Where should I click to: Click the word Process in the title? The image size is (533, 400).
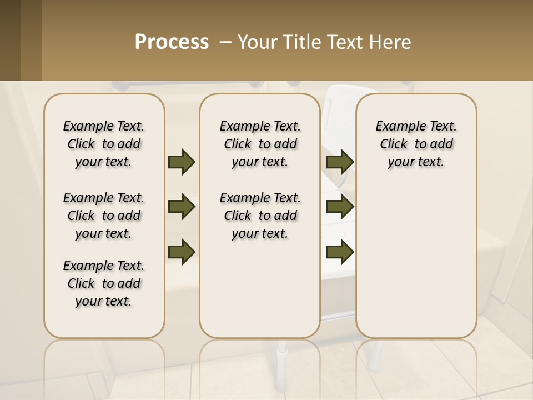coord(172,42)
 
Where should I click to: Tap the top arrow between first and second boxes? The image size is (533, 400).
coord(182,162)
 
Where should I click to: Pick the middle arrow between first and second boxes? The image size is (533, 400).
coord(182,207)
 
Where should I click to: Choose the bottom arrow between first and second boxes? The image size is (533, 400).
coord(182,251)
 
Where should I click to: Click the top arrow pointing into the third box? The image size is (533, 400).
coord(340,162)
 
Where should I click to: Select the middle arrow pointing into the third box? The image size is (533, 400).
coord(340,207)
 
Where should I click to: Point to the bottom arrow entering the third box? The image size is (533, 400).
coord(340,251)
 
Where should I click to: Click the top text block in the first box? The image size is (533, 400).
coord(104,144)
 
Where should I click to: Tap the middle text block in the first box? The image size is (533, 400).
coord(104,216)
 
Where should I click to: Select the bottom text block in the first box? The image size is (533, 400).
coord(104,283)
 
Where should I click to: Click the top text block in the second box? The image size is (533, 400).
coord(260,144)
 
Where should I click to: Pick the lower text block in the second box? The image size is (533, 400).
coord(260,216)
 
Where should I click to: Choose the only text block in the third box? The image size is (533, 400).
coord(416,144)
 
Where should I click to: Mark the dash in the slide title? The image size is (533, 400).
coord(226,42)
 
